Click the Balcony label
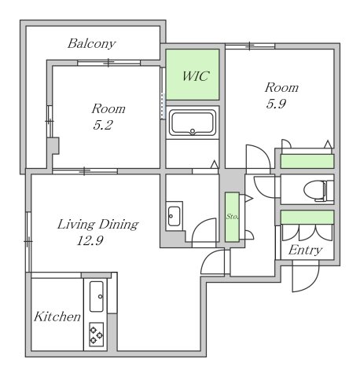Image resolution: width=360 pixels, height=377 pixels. [x=91, y=44]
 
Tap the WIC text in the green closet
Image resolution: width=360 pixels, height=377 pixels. [x=196, y=76]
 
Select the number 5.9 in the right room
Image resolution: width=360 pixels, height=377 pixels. [x=276, y=104]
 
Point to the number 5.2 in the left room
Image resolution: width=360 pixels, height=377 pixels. [x=103, y=125]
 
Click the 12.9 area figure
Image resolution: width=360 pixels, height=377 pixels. [x=90, y=240]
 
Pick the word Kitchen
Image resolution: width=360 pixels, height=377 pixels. [x=57, y=317]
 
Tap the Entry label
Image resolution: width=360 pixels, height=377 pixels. [x=305, y=250]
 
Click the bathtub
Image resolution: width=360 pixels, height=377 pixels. [x=193, y=123]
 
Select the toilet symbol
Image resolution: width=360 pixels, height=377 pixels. [x=318, y=189]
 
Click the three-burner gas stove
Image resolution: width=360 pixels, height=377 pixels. [x=96, y=335]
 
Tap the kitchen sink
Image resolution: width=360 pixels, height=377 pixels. [x=97, y=296]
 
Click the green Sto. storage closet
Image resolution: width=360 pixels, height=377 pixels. [x=232, y=217]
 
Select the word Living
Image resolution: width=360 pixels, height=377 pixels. [x=76, y=225]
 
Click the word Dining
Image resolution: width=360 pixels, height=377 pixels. [x=119, y=225]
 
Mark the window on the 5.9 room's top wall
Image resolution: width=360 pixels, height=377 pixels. [x=250, y=46]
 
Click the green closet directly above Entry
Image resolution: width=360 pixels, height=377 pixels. [x=307, y=218]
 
